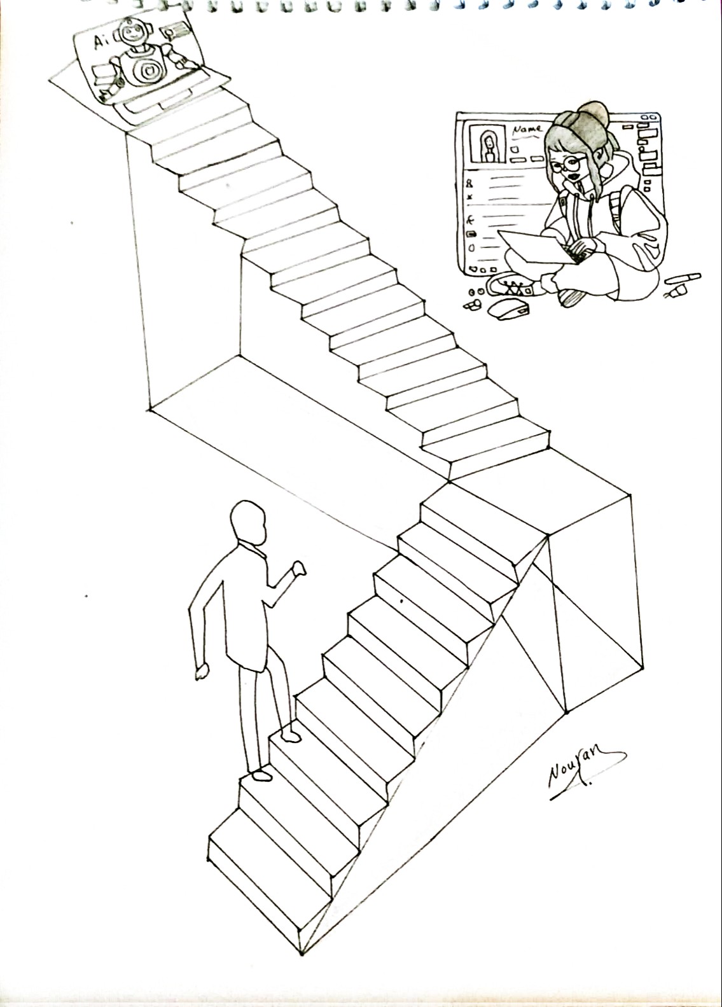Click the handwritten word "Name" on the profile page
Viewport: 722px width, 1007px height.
click(x=527, y=129)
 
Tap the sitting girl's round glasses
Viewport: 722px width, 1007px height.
click(x=568, y=165)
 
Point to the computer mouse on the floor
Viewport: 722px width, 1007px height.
click(x=508, y=309)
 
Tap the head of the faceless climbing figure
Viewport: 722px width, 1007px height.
click(x=247, y=523)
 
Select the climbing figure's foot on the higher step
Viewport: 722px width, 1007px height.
click(x=291, y=737)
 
